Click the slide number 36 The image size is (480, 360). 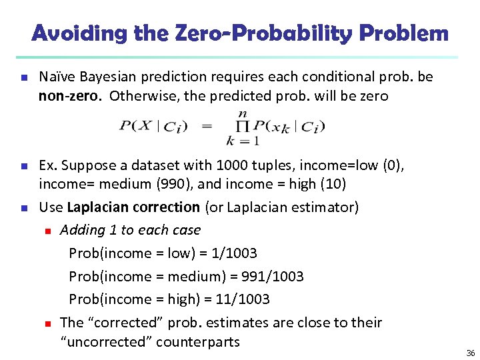pos(471,353)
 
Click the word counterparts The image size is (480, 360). pos(197,342)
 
